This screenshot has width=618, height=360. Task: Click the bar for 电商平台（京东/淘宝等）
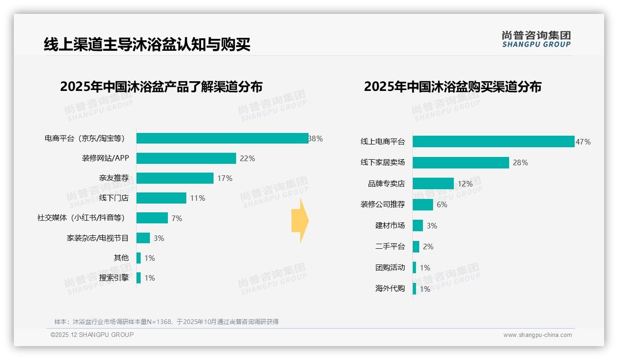click(x=222, y=138)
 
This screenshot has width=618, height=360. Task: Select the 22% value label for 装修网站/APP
click(x=247, y=158)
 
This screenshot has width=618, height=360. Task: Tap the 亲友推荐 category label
click(x=114, y=178)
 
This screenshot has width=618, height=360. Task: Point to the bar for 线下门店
click(x=161, y=198)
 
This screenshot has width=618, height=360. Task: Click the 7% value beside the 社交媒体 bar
click(x=177, y=218)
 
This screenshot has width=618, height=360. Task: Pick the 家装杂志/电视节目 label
click(x=98, y=238)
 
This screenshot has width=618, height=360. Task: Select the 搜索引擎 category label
click(x=114, y=278)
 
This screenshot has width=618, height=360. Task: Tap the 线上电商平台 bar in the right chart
click(x=493, y=142)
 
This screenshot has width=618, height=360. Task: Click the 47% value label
click(x=583, y=142)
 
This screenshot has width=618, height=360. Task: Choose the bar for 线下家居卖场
click(x=461, y=162)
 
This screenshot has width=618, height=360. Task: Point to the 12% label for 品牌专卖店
click(x=465, y=184)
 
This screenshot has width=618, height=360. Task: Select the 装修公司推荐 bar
click(x=423, y=204)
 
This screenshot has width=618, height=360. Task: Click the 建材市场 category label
click(x=390, y=226)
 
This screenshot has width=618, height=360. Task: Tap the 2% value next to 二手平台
click(x=428, y=246)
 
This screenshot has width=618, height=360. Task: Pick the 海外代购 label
click(x=390, y=289)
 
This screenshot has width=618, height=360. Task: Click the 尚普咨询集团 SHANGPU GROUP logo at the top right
click(x=536, y=39)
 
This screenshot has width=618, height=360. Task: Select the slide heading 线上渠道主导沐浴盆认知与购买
click(x=147, y=45)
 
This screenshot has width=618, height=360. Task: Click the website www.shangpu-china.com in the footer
click(x=537, y=335)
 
